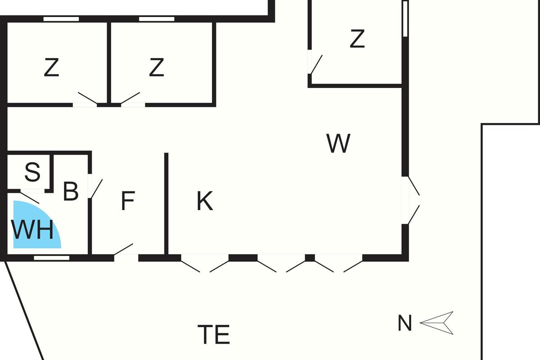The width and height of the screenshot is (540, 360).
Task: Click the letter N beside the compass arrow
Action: coord(405,323)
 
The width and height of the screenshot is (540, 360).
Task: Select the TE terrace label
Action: coord(214,334)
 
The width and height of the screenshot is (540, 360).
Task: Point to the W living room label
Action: coord(338,144)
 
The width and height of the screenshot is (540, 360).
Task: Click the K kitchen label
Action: coord(205,201)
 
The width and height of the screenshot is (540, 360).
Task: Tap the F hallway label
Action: coord(128,201)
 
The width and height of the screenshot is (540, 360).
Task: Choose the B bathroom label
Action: coord(71,191)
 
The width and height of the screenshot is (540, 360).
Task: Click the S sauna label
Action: coord(32,172)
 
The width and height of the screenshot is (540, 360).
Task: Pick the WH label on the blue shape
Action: coord(32,230)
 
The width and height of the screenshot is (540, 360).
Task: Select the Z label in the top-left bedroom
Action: coord(52,68)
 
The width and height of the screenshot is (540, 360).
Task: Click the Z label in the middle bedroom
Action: coord(156,68)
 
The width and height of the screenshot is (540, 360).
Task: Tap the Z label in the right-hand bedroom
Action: coord(356,39)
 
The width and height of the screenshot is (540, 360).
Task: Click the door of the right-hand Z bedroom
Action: coord(315,64)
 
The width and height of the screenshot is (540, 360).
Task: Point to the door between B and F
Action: coord(95,188)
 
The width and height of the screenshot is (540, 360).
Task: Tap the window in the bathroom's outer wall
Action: coord(52,258)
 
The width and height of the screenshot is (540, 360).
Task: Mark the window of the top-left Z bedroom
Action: coord(61,19)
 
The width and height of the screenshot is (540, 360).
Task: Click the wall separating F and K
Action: coord(166,202)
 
